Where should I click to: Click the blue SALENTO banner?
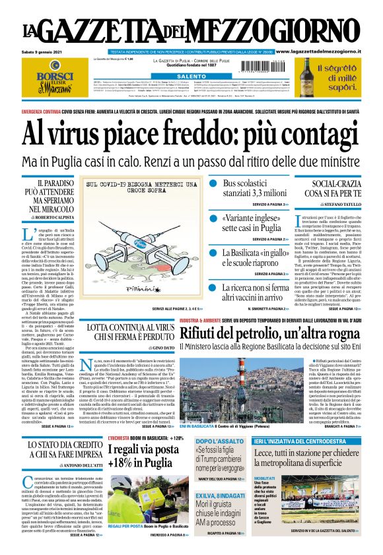[191, 77]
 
